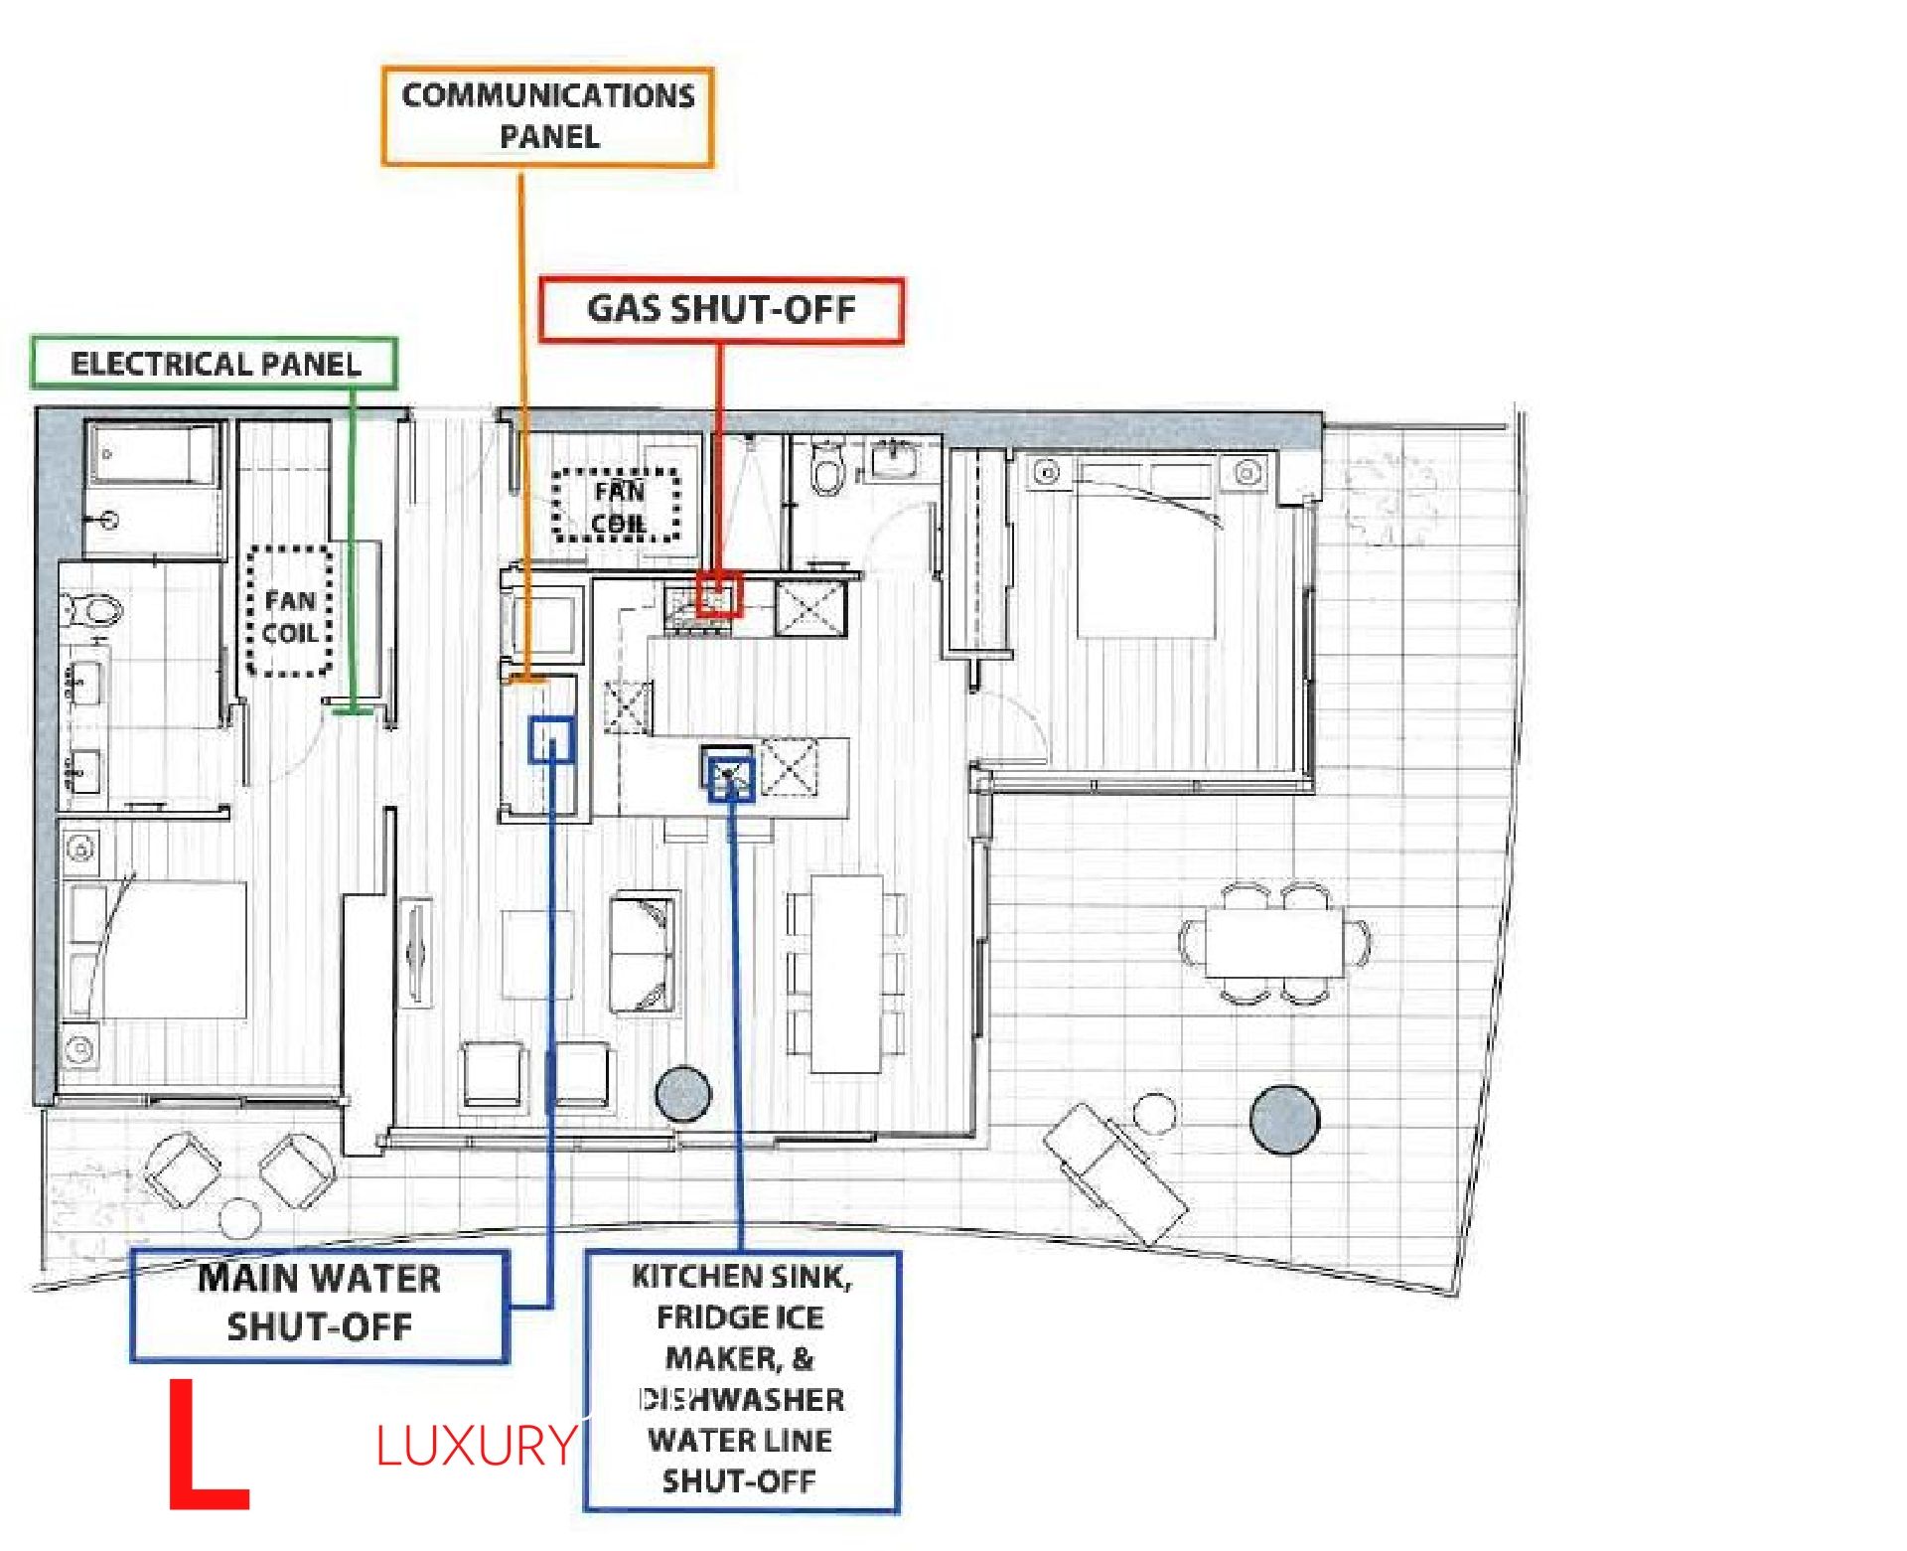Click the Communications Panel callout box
[547, 116]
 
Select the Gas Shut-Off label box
[721, 311]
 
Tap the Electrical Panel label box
[215, 363]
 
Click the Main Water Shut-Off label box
[319, 1304]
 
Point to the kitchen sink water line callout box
[741, 1380]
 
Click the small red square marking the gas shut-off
[719, 594]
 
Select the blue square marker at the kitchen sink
[731, 778]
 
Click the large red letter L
[207, 1444]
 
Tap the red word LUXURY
[477, 1446]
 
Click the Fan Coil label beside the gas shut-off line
[618, 507]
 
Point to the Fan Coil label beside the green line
[289, 616]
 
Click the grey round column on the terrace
[1284, 1120]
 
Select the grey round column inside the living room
[684, 1094]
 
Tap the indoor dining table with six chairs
[846, 974]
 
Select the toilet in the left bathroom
[91, 608]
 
